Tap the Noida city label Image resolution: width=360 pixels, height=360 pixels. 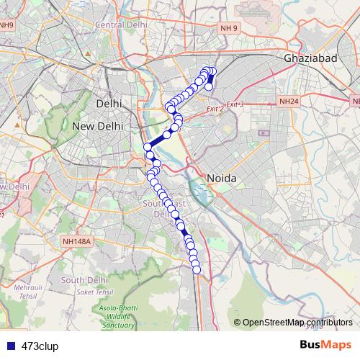[221, 178]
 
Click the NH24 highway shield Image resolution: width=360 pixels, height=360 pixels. [289, 102]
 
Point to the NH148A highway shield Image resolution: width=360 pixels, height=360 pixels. [77, 242]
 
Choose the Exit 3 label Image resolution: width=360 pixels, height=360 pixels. [235, 104]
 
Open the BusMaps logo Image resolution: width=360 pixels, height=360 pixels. [325, 345]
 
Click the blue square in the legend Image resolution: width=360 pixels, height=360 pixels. [8, 346]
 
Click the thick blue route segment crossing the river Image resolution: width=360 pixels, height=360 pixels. [157, 139]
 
